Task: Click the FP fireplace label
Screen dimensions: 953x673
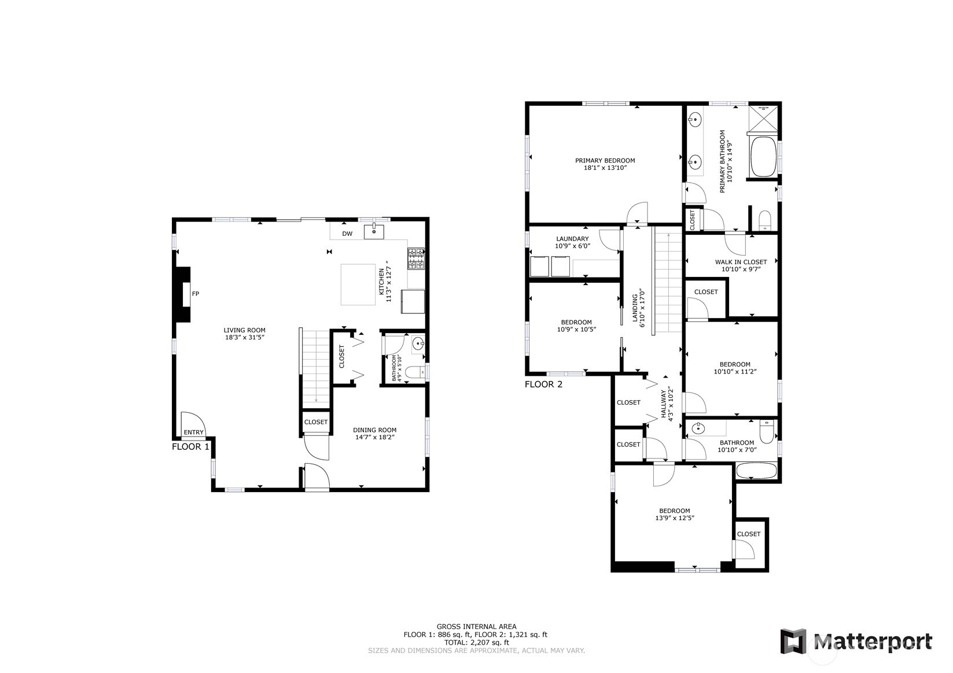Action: (195, 294)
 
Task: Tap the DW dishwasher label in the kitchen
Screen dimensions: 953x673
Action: (348, 234)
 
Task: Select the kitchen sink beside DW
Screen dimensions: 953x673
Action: (374, 232)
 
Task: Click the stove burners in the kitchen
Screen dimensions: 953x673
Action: (416, 259)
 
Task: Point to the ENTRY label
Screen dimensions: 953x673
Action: (194, 432)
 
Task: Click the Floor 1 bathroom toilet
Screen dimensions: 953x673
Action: (415, 373)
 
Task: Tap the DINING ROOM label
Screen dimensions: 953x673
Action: (375, 430)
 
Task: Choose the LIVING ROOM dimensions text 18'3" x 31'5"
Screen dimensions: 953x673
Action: (245, 338)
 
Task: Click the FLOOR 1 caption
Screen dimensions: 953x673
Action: (190, 447)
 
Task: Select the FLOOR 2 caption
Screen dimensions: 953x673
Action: (543, 384)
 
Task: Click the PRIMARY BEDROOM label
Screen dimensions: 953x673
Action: (605, 161)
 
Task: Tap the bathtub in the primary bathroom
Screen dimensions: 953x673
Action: (763, 157)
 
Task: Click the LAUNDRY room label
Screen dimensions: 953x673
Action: (573, 239)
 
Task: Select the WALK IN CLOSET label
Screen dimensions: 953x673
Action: (741, 262)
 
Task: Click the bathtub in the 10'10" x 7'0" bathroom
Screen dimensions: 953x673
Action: (756, 471)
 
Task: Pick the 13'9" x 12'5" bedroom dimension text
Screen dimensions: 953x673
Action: (675, 518)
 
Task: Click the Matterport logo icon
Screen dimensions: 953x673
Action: (793, 641)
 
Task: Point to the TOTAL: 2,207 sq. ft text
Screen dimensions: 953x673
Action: (477, 642)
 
